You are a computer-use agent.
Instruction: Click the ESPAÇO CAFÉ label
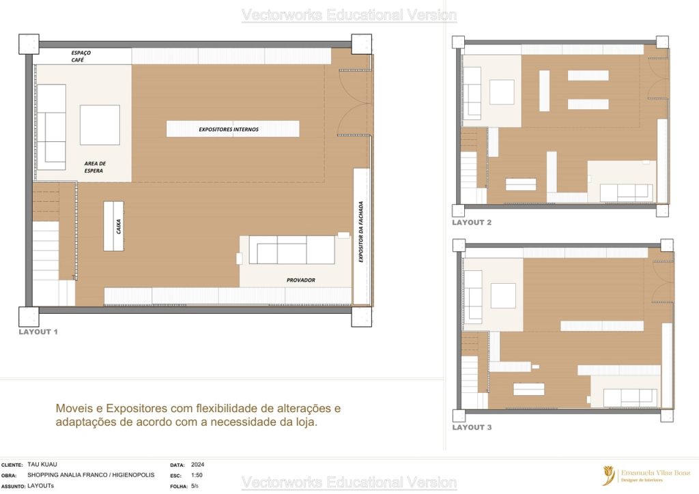(81, 57)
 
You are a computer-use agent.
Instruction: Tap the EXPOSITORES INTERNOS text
(229, 129)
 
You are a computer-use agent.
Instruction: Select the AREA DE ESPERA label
(95, 167)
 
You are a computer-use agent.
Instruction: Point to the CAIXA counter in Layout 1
(113, 226)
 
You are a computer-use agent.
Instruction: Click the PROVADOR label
(300, 280)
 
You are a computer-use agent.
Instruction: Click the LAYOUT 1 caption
(38, 332)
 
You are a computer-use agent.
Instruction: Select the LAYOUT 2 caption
(472, 222)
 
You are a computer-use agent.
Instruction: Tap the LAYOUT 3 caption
(472, 427)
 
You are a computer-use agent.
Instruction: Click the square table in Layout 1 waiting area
(100, 125)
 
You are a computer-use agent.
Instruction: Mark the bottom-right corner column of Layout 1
(361, 317)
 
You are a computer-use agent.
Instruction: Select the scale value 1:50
(196, 476)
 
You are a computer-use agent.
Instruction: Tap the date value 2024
(197, 464)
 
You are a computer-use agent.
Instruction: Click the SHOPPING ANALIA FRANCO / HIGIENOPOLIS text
(91, 476)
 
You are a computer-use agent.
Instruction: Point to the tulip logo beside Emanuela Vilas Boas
(608, 476)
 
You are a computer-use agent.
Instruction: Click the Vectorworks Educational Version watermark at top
(349, 15)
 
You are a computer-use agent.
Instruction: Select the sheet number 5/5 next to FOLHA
(195, 486)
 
